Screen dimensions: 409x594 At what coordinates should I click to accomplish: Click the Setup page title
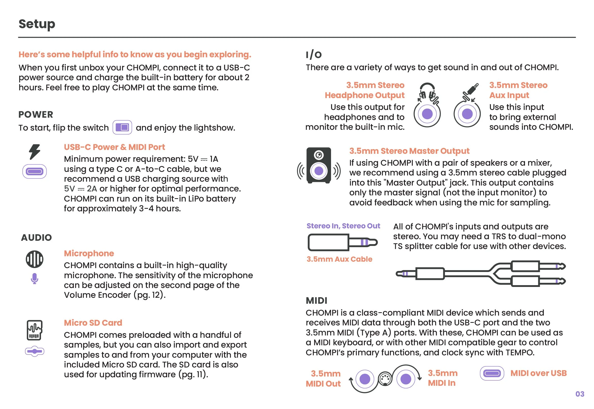click(x=37, y=24)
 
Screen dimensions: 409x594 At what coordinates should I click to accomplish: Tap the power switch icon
click(x=122, y=127)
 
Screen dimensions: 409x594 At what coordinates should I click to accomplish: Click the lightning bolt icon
click(x=35, y=151)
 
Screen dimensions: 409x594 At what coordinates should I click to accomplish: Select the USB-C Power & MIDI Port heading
click(x=114, y=147)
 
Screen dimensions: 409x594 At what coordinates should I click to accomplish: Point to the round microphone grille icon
click(x=35, y=259)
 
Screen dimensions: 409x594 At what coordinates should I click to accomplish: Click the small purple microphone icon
click(x=35, y=278)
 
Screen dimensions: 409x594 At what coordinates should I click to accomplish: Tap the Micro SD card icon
click(x=35, y=330)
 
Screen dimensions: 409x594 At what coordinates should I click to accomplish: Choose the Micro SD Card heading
click(x=93, y=323)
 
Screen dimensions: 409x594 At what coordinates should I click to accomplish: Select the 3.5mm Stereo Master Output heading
click(x=409, y=151)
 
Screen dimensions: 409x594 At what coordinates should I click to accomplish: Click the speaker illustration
click(x=319, y=165)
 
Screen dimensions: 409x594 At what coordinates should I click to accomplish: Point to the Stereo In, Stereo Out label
click(x=343, y=226)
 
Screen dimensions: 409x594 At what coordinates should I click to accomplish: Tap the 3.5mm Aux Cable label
click(x=339, y=259)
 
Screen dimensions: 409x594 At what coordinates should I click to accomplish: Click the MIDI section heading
click(x=316, y=301)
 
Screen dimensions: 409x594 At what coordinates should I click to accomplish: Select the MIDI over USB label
click(x=539, y=373)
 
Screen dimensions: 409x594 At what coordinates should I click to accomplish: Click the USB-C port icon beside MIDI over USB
click(x=492, y=373)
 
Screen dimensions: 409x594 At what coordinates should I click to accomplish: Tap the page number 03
click(x=580, y=394)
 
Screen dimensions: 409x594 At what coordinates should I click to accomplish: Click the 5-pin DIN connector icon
click(x=385, y=379)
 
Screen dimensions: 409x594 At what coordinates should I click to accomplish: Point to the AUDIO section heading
click(x=36, y=238)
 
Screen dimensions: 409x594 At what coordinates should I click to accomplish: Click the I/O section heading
click(x=313, y=55)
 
